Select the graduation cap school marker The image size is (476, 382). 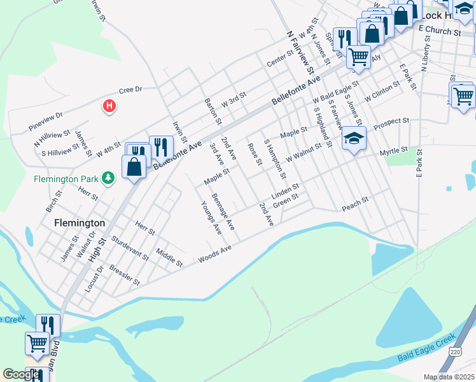click(354, 139)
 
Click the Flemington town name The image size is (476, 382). click(80, 223)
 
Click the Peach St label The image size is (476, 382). click(355, 204)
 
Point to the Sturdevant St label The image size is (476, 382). click(129, 248)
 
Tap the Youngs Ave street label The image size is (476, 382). click(210, 216)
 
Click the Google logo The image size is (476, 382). click(21, 374)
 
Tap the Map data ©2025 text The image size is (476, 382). click(449, 377)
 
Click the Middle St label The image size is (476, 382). click(169, 257)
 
